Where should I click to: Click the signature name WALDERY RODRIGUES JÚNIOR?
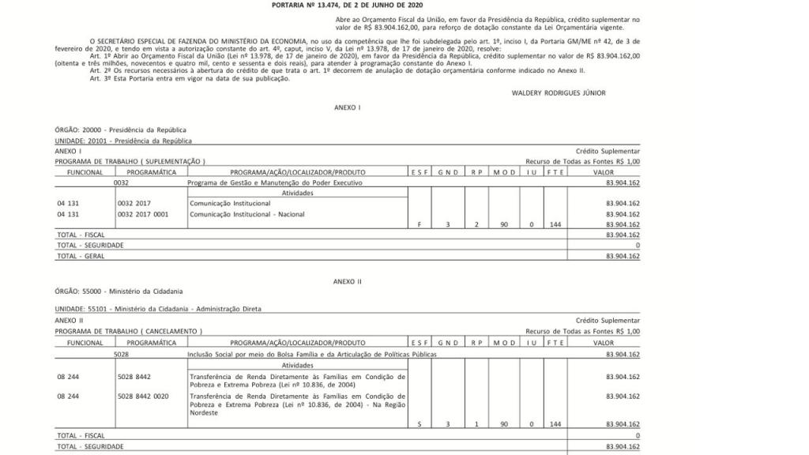click(559, 92)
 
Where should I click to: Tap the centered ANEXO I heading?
click(348, 107)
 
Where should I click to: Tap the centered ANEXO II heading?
click(348, 281)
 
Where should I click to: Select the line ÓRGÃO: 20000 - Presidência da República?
click(120, 130)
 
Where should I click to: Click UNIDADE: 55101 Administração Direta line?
click(157, 309)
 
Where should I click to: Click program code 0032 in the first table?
click(121, 182)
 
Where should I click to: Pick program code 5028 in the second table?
click(121, 355)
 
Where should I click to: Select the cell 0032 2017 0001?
click(143, 214)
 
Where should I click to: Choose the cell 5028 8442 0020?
click(143, 396)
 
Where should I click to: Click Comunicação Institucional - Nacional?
click(246, 214)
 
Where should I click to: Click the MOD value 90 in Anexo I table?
click(503, 224)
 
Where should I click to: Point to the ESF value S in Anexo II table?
click(420, 425)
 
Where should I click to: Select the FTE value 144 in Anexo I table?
click(555, 224)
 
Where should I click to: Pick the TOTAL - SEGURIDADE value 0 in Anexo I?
click(637, 246)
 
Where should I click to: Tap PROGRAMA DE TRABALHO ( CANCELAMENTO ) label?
click(128, 332)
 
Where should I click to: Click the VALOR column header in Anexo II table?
click(604, 343)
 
